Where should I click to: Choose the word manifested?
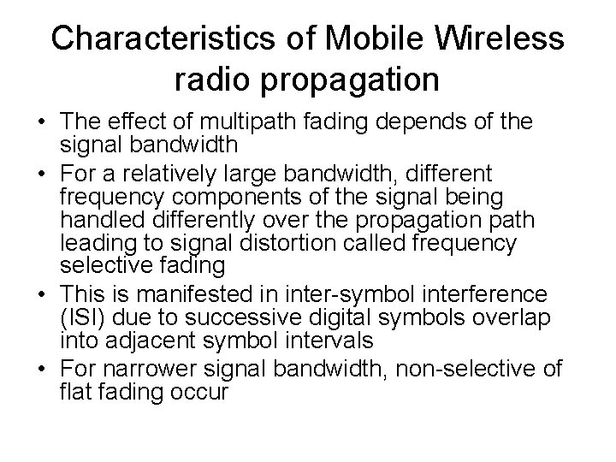click(176, 296)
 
